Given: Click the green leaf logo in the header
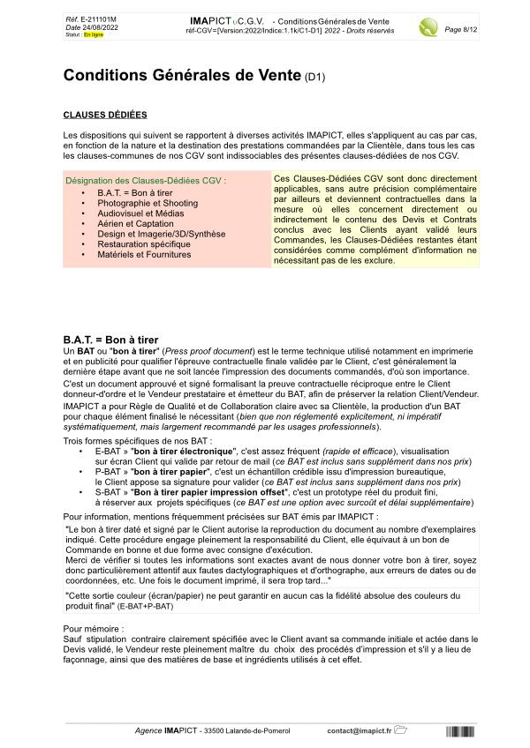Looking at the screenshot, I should point(428,26).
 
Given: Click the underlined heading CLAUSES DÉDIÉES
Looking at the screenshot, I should point(105,115).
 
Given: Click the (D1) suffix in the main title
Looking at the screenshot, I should point(314,78).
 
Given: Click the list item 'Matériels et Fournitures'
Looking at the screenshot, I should point(144,255).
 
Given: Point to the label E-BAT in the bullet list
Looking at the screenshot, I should point(108,451).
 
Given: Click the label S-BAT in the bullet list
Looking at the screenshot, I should point(108,493).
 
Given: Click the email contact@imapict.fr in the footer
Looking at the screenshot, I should point(359,731).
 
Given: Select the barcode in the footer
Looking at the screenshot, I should point(459,731).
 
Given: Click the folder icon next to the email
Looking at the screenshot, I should point(400,730).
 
